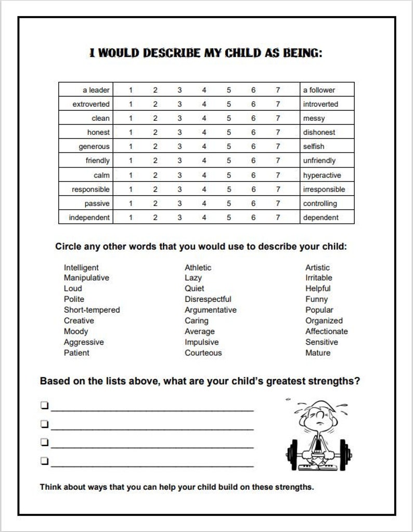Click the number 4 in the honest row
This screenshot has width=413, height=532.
click(x=204, y=132)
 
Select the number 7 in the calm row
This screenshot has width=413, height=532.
click(x=278, y=175)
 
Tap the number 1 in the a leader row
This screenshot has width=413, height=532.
click(x=131, y=90)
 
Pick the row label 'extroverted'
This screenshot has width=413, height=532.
click(x=91, y=104)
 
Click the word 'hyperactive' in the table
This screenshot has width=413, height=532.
click(x=322, y=175)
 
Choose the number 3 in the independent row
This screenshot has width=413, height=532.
click(x=179, y=218)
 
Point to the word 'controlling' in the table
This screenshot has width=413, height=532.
click(x=320, y=204)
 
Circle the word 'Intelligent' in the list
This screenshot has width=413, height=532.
click(x=81, y=268)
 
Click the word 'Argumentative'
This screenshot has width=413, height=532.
click(x=210, y=310)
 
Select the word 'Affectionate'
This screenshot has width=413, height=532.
click(x=326, y=331)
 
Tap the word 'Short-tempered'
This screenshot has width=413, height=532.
click(x=92, y=310)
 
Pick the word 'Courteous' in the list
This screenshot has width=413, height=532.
click(x=203, y=352)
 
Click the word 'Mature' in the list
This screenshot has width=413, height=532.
click(x=317, y=352)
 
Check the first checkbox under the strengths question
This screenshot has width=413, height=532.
click(x=45, y=404)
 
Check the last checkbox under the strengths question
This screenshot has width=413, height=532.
click(x=45, y=460)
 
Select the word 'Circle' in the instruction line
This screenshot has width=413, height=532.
click(x=68, y=246)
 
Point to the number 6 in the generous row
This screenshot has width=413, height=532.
click(x=253, y=147)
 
